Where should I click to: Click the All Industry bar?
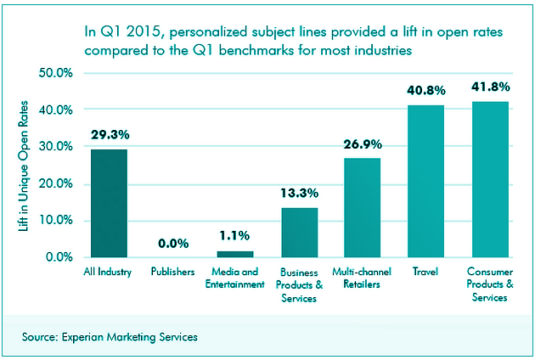click(x=109, y=203)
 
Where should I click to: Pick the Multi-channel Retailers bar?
click(x=363, y=207)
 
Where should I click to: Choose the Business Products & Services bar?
click(x=300, y=232)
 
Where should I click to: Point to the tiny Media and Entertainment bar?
click(x=235, y=254)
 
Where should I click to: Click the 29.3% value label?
click(x=109, y=135)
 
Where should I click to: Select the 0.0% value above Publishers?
click(x=172, y=243)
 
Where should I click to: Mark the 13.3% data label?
click(x=300, y=194)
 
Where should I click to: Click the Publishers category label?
click(x=172, y=273)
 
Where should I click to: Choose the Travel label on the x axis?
click(x=425, y=273)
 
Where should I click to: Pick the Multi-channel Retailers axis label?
click(x=363, y=278)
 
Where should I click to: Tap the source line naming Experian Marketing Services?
click(x=110, y=337)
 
